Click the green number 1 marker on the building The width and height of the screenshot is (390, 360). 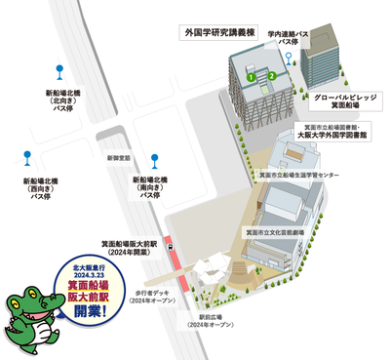point(251,75)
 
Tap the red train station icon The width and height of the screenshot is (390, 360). point(173,249)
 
